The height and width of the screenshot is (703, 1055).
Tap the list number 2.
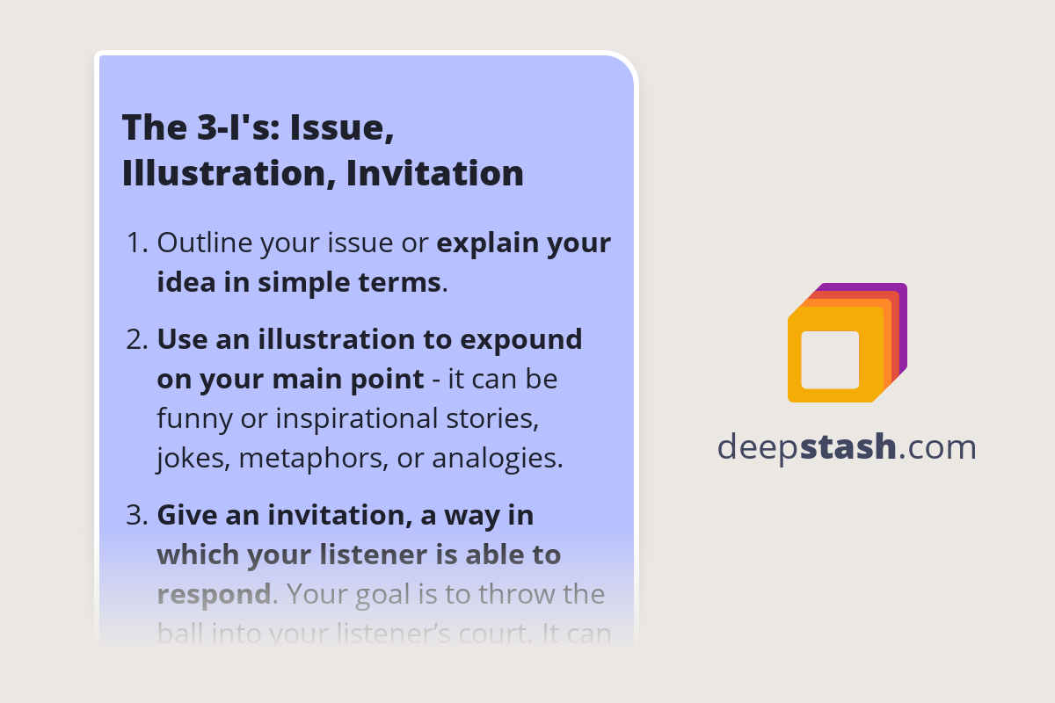tap(136, 339)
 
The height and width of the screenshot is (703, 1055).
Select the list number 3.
tap(136, 515)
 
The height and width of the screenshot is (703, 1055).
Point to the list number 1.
tap(136, 243)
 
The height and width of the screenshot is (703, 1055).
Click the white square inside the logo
tap(830, 359)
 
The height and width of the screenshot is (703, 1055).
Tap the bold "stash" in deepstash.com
tap(848, 447)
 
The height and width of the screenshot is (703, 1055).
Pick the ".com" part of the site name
tap(938, 447)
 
